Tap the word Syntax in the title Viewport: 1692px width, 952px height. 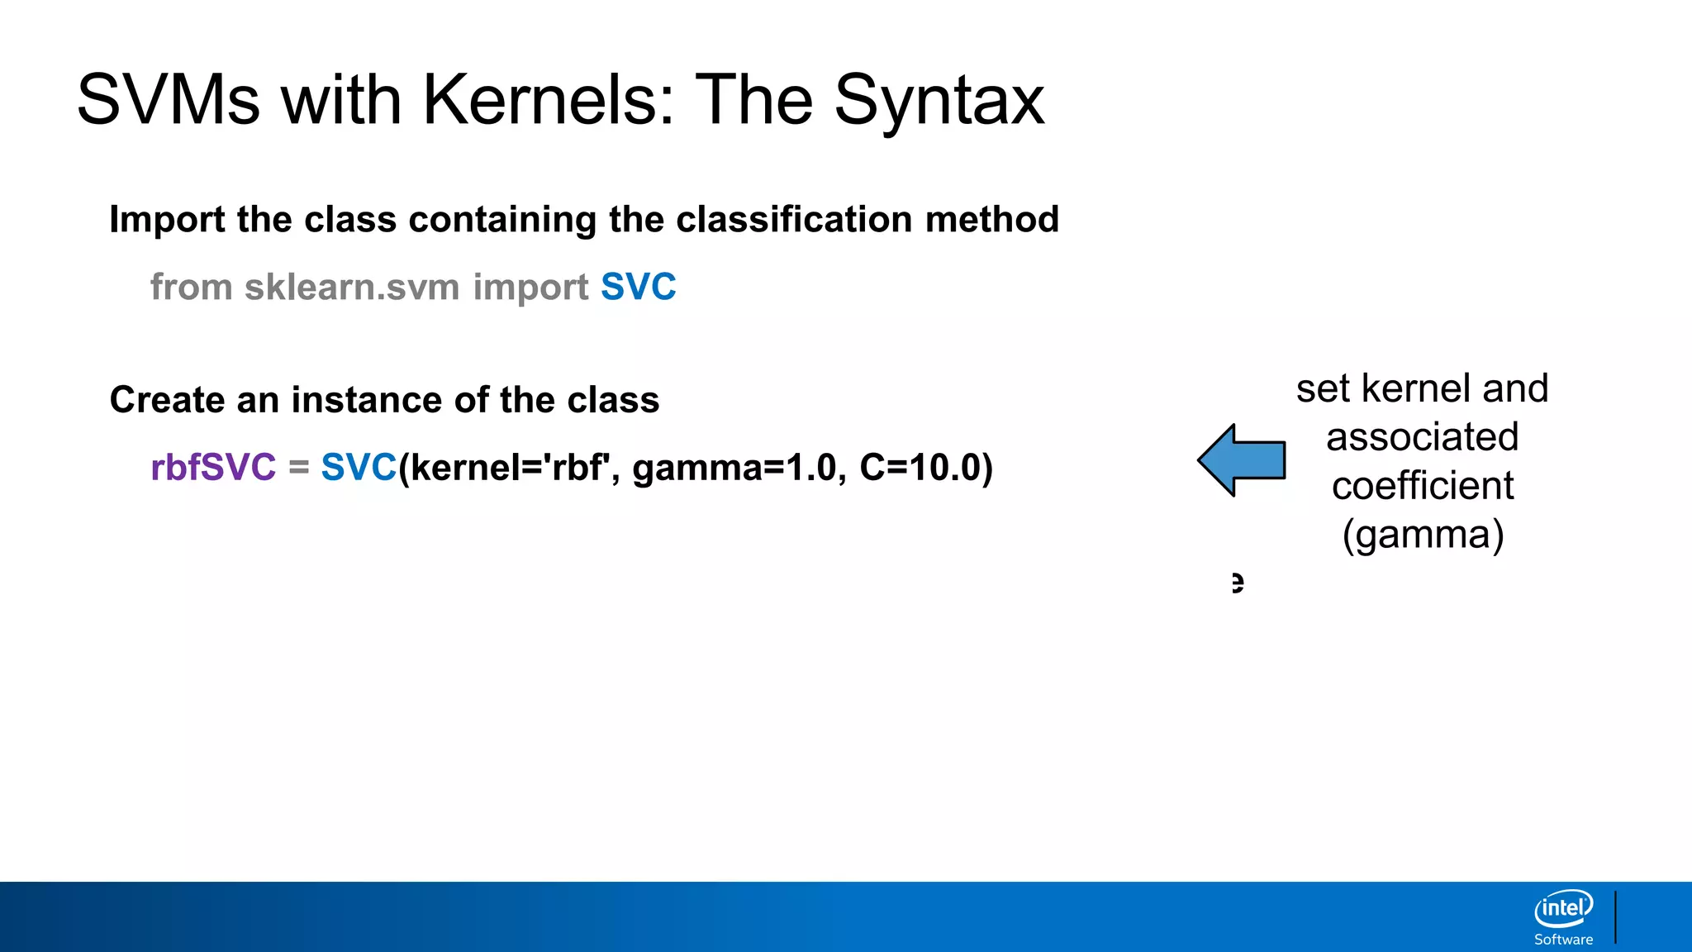click(939, 102)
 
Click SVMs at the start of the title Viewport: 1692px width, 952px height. click(168, 100)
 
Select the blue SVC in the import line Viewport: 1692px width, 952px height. click(638, 287)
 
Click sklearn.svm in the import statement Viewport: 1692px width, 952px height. click(352, 287)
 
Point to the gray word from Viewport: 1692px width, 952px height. click(192, 287)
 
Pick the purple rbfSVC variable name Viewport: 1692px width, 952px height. click(213, 467)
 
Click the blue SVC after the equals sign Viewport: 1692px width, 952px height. click(359, 467)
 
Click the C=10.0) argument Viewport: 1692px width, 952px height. click(925, 467)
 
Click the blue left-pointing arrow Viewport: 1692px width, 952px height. click(1242, 460)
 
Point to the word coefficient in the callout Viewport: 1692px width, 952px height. click(1423, 485)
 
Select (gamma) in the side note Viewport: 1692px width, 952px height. click(1423, 535)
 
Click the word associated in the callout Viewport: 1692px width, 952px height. click(1423, 436)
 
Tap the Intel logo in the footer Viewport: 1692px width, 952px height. click(1563, 909)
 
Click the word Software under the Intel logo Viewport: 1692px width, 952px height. click(1563, 940)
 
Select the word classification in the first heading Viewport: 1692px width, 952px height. click(774, 219)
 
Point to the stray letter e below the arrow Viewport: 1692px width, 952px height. click(1237, 583)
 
